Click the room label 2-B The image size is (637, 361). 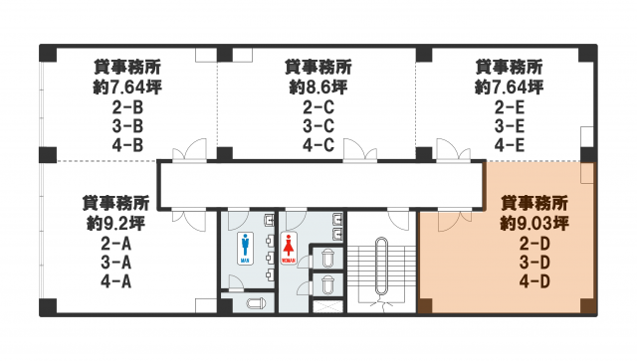127,107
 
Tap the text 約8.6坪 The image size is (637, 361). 318,87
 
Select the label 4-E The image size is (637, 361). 510,145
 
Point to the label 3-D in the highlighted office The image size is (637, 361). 534,263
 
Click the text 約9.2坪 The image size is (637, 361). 115,223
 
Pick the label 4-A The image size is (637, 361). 116,281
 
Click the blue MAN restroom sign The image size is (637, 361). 245,248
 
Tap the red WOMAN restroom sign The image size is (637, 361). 289,248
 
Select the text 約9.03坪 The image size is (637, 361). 534,223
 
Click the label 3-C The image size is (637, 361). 318,126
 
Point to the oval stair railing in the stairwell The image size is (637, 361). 381,266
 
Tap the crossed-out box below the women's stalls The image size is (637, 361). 327,306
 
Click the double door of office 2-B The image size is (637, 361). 189,150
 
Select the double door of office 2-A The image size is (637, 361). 189,220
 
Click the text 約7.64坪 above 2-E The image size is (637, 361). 510,87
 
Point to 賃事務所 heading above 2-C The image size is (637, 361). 318,67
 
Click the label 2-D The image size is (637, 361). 534,244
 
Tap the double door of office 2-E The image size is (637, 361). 454,150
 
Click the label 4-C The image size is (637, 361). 318,145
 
